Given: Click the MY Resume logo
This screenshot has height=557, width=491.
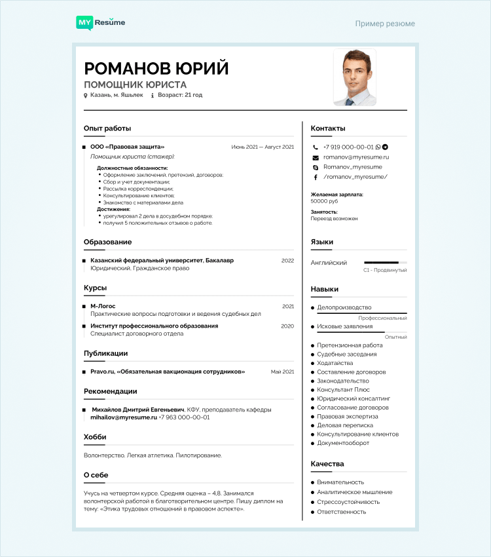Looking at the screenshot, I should (101, 23).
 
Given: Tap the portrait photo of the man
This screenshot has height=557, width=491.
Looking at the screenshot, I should (354, 77).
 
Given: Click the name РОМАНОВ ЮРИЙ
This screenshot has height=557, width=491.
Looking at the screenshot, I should (156, 68).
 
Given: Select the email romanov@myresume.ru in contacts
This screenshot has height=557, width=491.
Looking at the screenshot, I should (356, 157).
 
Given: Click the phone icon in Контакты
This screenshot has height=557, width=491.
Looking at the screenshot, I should (315, 147).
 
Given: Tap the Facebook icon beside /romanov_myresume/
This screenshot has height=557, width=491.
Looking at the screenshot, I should (315, 177).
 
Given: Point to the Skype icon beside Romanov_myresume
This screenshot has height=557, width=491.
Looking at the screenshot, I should (315, 167).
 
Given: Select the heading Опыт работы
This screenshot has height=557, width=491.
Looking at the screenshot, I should (107, 128).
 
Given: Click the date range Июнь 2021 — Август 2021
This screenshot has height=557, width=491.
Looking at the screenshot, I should (263, 147).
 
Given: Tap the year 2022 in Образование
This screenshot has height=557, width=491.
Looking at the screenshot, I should (287, 260).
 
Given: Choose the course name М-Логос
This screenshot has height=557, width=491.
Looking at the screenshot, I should (103, 306).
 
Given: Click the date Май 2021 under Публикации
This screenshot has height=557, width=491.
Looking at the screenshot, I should (282, 372).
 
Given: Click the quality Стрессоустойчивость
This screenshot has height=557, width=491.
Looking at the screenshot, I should (348, 502).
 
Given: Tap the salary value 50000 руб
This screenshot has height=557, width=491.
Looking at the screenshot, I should (324, 201).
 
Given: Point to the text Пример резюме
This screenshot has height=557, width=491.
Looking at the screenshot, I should (385, 24).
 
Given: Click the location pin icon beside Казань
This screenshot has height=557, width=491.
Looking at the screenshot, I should (85, 96).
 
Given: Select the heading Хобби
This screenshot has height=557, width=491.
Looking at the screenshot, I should (95, 437).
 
